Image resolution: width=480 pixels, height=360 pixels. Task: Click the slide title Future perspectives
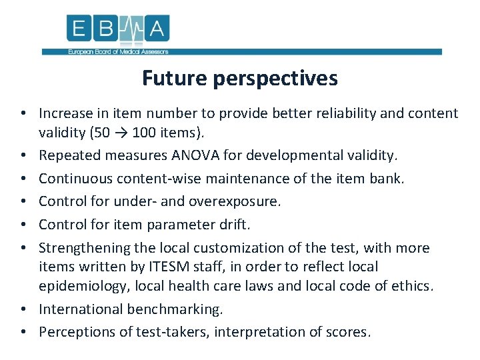pyautogui.click(x=239, y=79)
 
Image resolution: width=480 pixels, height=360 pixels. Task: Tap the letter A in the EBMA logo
pyautogui.click(x=158, y=29)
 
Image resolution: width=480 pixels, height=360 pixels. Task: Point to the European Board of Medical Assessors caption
pyautogui.click(x=117, y=52)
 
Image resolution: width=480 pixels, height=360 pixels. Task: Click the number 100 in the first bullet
pyautogui.click(x=145, y=132)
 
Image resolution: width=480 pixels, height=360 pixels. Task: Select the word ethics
pyautogui.click(x=411, y=286)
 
